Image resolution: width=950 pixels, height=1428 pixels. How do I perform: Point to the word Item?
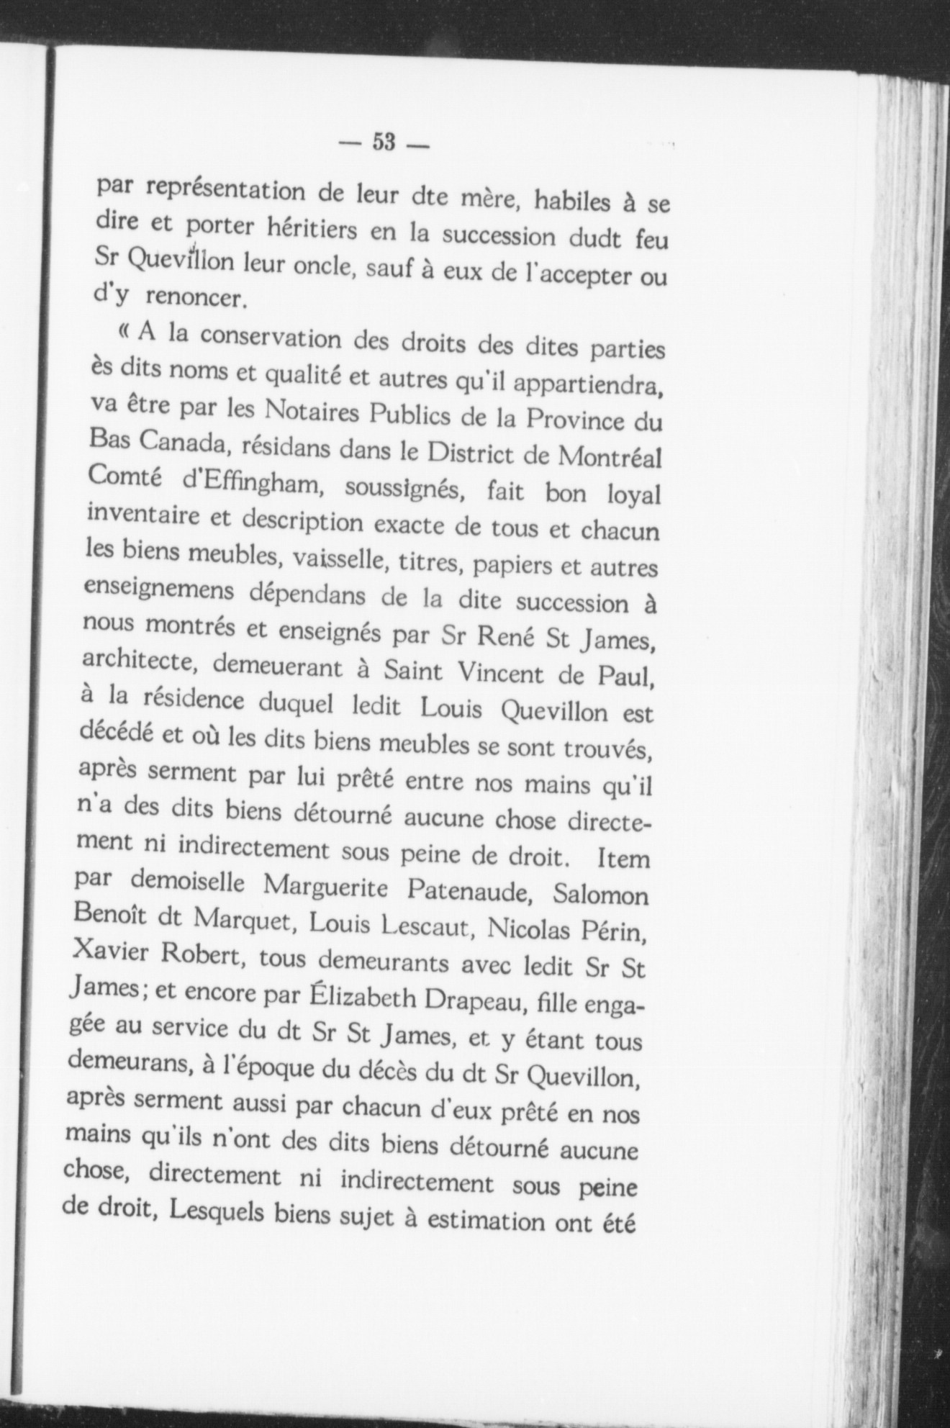623,859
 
